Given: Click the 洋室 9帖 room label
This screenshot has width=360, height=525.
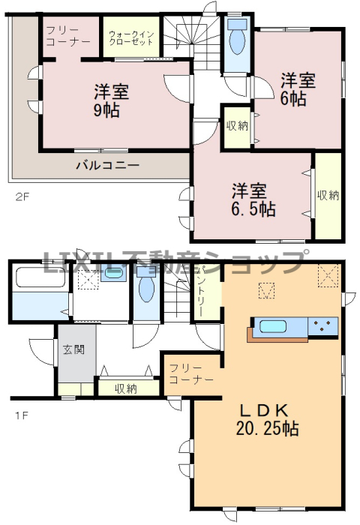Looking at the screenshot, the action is click(x=112, y=100).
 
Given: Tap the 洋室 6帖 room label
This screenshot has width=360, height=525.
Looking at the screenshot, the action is click(x=298, y=89).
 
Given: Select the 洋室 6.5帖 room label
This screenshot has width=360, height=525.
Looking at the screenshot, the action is click(x=253, y=199).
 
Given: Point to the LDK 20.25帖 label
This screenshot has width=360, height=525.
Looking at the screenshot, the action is click(x=267, y=418).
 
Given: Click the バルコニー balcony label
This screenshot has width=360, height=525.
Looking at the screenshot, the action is click(x=108, y=165).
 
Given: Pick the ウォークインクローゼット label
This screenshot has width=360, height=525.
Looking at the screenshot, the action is click(x=131, y=38).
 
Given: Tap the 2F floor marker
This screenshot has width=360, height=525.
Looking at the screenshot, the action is click(x=22, y=196).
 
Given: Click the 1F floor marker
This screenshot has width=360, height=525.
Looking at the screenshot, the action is click(x=21, y=415).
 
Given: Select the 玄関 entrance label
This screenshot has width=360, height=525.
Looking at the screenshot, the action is click(x=73, y=349).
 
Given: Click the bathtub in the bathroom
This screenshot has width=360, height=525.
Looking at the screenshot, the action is click(x=40, y=277).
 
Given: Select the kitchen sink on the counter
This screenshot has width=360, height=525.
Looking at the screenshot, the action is click(x=273, y=326).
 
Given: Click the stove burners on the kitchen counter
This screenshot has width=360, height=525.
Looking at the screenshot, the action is click(x=322, y=325).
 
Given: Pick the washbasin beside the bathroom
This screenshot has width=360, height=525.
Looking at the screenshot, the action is click(x=113, y=274).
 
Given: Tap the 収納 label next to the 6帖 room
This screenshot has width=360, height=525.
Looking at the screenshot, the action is click(x=238, y=126).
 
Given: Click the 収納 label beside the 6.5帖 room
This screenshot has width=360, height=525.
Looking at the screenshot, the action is click(x=328, y=195).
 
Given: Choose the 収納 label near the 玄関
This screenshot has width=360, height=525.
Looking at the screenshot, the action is click(x=126, y=388).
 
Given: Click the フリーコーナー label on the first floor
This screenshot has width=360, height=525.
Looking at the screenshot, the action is click(x=191, y=374).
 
